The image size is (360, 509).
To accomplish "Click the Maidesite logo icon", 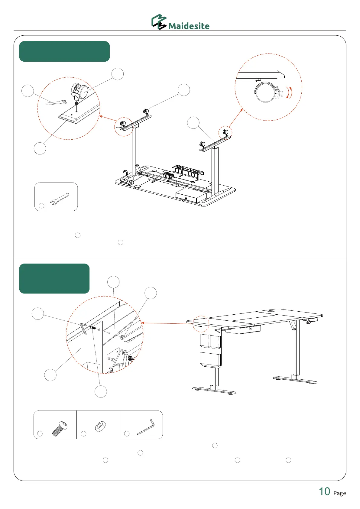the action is (159, 22).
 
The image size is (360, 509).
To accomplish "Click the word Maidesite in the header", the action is (189, 26).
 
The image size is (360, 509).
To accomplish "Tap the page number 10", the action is (325, 491).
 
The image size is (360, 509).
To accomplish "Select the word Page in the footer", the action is (339, 493).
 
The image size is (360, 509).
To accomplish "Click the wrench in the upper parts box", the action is (60, 199).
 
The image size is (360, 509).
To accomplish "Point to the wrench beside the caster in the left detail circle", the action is (56, 103).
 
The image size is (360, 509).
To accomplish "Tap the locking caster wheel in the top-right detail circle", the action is (265, 92).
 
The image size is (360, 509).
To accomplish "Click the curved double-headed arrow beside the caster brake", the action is (290, 92).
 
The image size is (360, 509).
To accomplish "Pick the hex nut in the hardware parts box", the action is (100, 426).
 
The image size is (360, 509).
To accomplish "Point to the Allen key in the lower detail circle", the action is (83, 329).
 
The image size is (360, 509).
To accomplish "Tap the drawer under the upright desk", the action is (243, 329).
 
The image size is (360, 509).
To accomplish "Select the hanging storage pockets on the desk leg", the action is (210, 351).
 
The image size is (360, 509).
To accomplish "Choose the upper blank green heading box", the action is (64, 51).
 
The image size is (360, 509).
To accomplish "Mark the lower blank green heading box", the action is (54, 278).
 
